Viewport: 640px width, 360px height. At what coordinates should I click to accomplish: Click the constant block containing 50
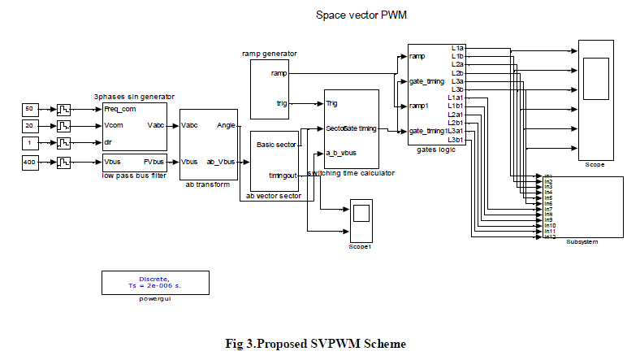30,109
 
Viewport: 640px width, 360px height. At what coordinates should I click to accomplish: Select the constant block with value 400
30,161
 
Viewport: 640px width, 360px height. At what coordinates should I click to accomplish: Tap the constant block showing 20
30,126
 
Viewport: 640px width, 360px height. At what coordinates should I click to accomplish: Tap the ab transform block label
210,183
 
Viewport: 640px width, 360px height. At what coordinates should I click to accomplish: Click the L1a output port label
457,47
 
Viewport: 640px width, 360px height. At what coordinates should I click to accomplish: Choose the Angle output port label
226,125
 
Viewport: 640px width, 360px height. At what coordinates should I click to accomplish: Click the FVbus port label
154,161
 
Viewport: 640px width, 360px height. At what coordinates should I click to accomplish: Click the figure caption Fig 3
315,343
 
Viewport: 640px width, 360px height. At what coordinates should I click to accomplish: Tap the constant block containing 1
30,143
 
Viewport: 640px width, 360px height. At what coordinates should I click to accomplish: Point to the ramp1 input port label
419,106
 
